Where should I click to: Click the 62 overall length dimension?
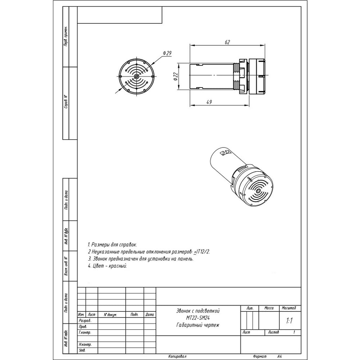[227, 42]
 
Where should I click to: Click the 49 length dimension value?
[209, 102]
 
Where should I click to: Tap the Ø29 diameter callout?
[167, 53]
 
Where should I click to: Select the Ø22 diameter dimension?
[175, 76]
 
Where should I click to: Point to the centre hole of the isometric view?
[258, 191]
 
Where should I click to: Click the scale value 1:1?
[289, 320]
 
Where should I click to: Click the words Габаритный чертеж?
[198, 325]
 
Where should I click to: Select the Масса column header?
[269, 308]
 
